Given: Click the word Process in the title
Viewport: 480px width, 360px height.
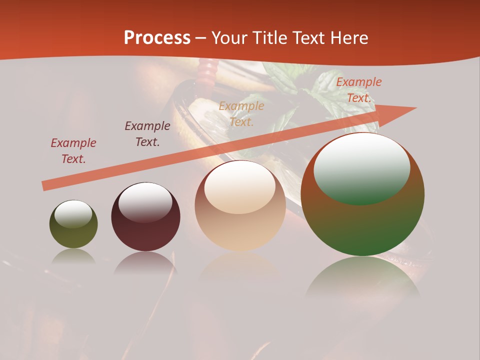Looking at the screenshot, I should [157, 38].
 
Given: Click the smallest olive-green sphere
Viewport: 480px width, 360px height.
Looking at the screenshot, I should [73, 225].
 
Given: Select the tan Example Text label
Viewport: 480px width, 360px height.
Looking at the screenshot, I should [241, 113].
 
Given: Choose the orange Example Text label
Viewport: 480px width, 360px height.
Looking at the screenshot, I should [358, 90].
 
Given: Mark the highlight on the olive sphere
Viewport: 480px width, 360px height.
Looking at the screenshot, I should [73, 214].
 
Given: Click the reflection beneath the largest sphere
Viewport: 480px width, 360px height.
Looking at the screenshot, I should [362, 280].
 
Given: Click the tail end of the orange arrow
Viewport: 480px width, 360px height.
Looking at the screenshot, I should [45, 186].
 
